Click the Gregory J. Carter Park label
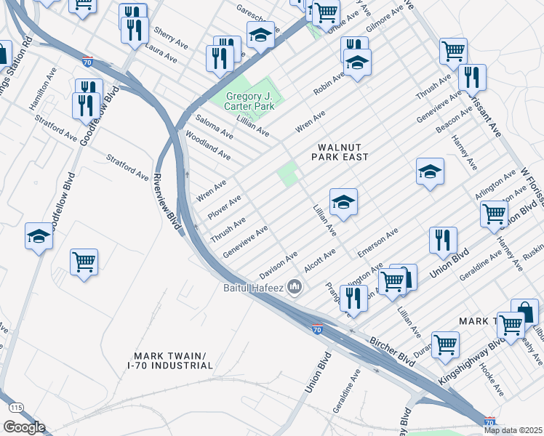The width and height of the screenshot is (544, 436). coord(250,102)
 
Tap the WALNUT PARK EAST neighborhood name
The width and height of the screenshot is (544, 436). coord(340,151)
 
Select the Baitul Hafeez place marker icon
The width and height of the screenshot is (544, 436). coord(295,287)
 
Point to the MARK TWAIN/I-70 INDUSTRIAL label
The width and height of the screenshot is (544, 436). coord(171,360)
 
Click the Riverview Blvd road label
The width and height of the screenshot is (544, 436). coord(167,203)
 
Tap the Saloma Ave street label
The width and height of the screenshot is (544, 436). coord(213,125)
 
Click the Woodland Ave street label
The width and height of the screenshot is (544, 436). coord(208,146)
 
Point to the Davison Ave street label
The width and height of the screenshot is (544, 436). coord(279,264)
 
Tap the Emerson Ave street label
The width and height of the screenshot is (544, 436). coord(377,243)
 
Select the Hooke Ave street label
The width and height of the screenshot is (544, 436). coord(492,379)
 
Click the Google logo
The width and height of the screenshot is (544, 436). coord(24,427)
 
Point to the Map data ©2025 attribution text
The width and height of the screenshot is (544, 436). coord(513,430)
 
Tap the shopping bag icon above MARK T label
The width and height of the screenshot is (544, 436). coord(524,310)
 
